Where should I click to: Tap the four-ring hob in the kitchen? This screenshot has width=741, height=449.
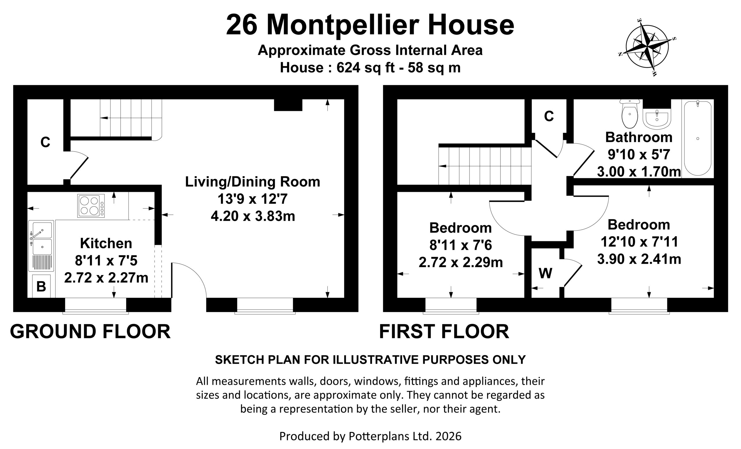[91, 206]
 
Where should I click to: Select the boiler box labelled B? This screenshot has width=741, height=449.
[41, 286]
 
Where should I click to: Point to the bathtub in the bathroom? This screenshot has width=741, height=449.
[698, 138]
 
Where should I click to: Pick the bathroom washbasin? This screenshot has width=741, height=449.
[657, 119]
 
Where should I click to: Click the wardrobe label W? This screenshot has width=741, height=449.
[545, 273]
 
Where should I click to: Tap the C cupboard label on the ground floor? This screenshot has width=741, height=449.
[45, 142]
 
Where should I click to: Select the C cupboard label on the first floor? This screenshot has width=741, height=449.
[549, 116]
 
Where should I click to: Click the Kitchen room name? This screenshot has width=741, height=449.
[106, 243]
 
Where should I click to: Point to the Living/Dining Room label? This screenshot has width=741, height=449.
[253, 182]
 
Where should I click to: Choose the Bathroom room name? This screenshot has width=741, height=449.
[639, 137]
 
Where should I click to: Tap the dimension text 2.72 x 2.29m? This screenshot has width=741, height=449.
[461, 263]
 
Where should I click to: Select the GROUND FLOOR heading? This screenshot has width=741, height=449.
[90, 332]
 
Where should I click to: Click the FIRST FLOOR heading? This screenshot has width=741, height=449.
[444, 332]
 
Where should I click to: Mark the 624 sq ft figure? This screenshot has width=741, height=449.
[365, 68]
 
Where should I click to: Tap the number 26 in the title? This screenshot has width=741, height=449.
[242, 25]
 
